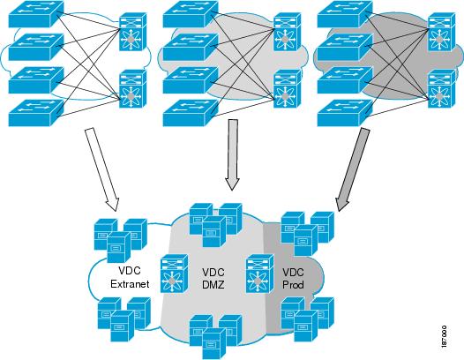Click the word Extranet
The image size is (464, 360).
tap(130, 284)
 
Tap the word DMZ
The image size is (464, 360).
tap(213, 285)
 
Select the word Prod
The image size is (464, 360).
tap(293, 285)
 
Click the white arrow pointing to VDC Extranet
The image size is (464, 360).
tap(102, 169)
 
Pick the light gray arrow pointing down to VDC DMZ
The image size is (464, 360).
tap(232, 154)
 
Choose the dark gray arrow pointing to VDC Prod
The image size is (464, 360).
tap(353, 170)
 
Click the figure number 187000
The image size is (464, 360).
tap(444, 336)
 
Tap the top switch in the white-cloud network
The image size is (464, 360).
tap(36, 14)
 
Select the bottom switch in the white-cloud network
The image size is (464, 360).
tap(36, 113)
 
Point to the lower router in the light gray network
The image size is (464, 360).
tap(288, 89)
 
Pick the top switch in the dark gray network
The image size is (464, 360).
tap(345, 14)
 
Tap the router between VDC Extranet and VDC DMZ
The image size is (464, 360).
tap(175, 273)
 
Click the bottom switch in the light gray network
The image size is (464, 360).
tap(191, 113)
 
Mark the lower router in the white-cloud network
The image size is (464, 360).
tap(133, 89)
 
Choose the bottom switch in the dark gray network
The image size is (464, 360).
tap(345, 113)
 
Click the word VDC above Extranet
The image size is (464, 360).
tap(130, 271)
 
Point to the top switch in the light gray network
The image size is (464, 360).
tap(191, 14)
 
